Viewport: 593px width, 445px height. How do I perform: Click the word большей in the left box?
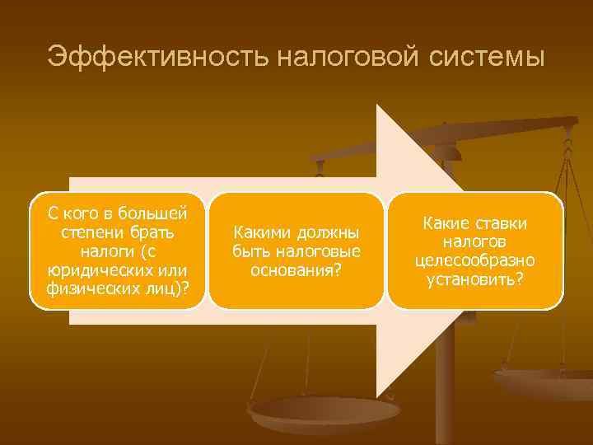click(x=156, y=213)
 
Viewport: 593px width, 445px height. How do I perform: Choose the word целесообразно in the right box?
click(x=475, y=260)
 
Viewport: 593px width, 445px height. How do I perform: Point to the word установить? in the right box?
click(x=475, y=279)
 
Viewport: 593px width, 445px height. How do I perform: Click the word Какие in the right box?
click(x=446, y=224)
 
